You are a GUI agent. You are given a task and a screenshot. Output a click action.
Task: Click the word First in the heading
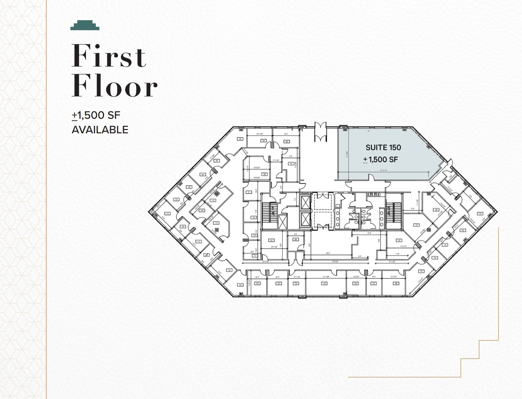pos(109,56)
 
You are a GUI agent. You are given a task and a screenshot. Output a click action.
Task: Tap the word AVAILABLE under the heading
pos(100,130)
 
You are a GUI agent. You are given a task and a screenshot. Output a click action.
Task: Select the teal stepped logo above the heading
pos(85,25)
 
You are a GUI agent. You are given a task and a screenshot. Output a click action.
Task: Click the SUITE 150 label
pos(383,148)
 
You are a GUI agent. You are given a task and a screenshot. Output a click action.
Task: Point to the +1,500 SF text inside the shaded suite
pos(381,159)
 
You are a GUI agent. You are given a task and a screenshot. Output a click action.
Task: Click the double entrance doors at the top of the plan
pos(320,132)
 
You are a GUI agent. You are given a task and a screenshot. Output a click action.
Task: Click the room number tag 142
pos(325,284)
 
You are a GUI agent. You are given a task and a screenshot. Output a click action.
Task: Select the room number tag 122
pos(229,270)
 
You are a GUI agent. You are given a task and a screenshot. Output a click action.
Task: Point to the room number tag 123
pos(241,285)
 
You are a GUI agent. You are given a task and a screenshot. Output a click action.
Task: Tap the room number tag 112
pos(213,200)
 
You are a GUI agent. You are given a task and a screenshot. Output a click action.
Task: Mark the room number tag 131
pos(421,271)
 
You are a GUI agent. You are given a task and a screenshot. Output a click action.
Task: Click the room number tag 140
pos(399,241)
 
